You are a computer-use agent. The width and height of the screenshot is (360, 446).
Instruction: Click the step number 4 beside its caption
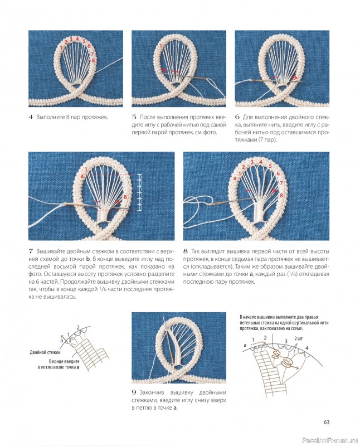point(31,117)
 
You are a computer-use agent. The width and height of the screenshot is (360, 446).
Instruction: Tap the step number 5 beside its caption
point(134,117)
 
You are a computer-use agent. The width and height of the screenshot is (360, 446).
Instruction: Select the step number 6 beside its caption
point(237,117)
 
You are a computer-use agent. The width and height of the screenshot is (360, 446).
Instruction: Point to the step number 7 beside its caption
point(31,251)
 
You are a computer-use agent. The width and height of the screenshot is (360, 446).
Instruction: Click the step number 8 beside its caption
point(186,251)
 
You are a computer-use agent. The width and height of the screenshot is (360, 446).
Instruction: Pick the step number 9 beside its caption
point(134,392)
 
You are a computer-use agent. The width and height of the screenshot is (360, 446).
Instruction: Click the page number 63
point(326,422)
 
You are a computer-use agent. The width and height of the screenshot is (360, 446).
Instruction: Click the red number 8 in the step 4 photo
point(93,60)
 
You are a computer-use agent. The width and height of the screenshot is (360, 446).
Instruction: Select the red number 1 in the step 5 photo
point(160,46)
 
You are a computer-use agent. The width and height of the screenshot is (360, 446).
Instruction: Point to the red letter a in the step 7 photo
point(82,176)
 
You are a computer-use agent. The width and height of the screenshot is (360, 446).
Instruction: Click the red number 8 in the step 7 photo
point(125,197)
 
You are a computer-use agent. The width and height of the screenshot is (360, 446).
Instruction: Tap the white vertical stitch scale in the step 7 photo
point(139,192)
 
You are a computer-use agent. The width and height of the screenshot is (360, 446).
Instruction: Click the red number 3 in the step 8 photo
point(252,162)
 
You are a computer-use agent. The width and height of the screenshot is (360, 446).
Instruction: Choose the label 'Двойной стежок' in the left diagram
point(45,352)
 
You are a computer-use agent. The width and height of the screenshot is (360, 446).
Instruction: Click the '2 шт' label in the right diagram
point(299,338)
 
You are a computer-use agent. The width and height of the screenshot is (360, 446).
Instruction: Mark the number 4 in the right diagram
point(307,348)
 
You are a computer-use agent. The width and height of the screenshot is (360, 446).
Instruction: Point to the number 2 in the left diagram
point(78,327)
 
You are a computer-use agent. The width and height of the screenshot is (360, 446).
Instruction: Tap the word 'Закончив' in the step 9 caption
point(152,392)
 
